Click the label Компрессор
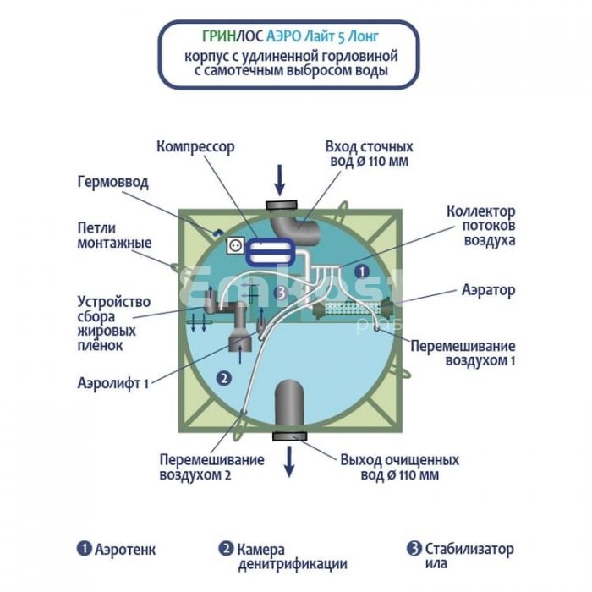click(x=195, y=146)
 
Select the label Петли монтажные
click(x=115, y=236)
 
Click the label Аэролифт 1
click(x=113, y=383)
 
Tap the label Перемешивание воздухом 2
click(x=211, y=467)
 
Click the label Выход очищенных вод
click(x=399, y=468)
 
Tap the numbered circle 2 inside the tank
click(x=223, y=378)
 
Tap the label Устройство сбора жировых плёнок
click(x=113, y=323)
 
